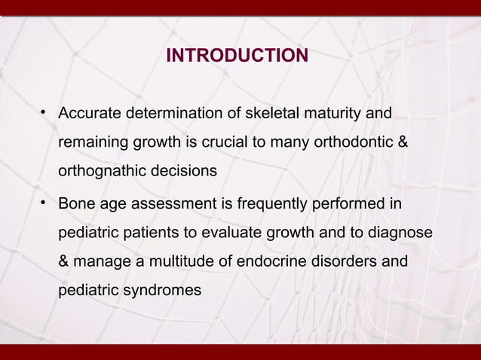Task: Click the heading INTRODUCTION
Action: [x=237, y=56]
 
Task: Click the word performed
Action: [x=347, y=205]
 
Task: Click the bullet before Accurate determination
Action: [x=45, y=114]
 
